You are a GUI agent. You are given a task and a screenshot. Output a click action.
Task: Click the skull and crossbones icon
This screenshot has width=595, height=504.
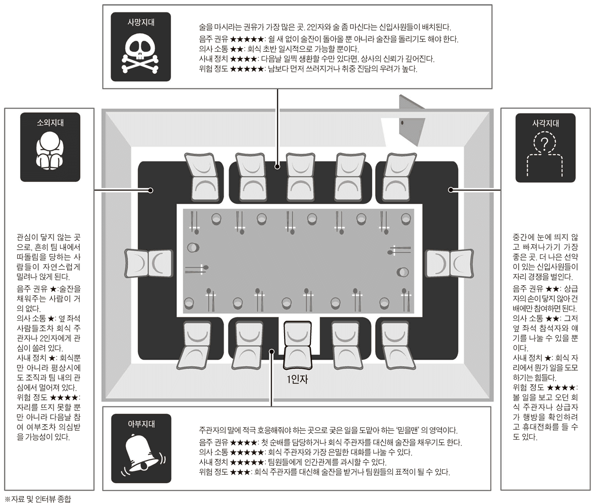pos(140,53)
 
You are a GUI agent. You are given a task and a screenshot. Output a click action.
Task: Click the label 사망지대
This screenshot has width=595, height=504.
pos(140,22)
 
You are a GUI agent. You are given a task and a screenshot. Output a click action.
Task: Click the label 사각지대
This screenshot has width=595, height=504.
pos(545,123)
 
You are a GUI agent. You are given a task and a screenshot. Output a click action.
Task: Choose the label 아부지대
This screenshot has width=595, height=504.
pos(141,424)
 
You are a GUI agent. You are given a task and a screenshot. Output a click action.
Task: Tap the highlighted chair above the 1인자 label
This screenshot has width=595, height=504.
pos(298,345)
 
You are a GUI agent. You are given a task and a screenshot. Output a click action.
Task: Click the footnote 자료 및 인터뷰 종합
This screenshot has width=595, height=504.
pos(38,499)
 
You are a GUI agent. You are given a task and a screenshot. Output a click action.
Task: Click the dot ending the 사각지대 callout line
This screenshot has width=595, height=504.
pos(451,189)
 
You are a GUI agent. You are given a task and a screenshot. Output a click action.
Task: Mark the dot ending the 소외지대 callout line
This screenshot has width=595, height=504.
pos(151,189)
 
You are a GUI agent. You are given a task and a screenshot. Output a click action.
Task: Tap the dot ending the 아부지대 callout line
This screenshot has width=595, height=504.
pos(271,351)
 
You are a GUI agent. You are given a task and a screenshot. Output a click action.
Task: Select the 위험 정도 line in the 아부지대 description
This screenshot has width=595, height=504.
pos(324,471)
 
